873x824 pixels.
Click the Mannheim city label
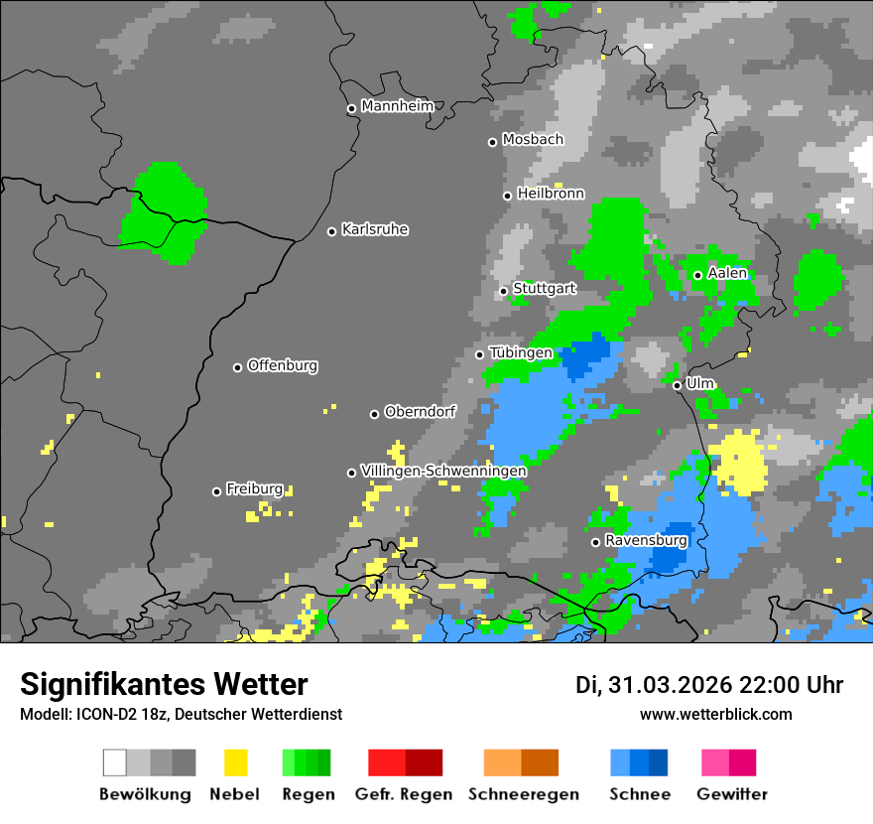[397, 106]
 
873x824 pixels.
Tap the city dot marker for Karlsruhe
[332, 231]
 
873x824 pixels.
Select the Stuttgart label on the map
[545, 289]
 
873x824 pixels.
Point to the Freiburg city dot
[216, 491]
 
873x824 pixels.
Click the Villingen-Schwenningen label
[443, 471]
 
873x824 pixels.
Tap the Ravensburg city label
[646, 540]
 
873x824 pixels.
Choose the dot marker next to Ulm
[677, 385]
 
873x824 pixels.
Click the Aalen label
[727, 273]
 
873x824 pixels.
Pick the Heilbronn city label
[551, 194]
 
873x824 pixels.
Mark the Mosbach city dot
[492, 142]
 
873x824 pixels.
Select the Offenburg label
[283, 365]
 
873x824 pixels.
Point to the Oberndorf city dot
[374, 414]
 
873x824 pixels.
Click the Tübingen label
[521, 353]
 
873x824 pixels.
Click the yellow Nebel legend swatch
[235, 762]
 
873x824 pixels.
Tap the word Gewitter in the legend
[732, 794]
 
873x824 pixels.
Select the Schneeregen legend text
[522, 794]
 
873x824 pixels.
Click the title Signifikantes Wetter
[164, 684]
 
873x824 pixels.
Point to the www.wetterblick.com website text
[716, 714]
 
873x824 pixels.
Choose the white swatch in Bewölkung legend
[114, 762]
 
